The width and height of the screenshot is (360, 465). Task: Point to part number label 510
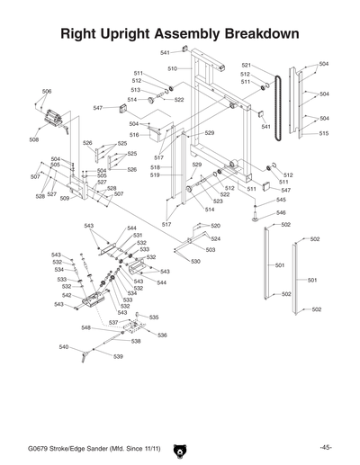tap(172, 68)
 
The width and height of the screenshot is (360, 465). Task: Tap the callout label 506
tap(47, 92)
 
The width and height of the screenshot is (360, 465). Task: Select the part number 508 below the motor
tap(33, 139)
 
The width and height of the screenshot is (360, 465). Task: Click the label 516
tap(133, 134)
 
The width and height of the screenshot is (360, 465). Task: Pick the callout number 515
tap(324, 133)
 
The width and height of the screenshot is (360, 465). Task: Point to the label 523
tap(218, 201)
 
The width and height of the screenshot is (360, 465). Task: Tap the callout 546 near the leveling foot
tap(281, 212)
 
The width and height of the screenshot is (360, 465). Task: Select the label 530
tap(195, 261)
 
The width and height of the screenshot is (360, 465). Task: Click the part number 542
tap(67, 295)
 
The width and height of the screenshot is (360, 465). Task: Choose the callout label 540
tap(63, 346)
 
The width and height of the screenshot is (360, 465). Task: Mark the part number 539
tap(118, 356)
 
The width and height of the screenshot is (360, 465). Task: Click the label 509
tap(65, 198)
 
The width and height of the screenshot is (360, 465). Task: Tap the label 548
tap(85, 328)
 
